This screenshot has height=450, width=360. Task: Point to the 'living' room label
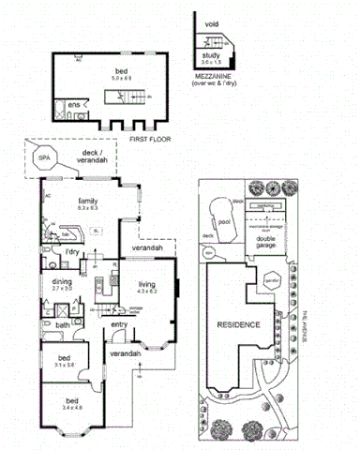pos(146,285)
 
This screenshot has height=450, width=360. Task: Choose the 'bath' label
pos(63,325)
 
